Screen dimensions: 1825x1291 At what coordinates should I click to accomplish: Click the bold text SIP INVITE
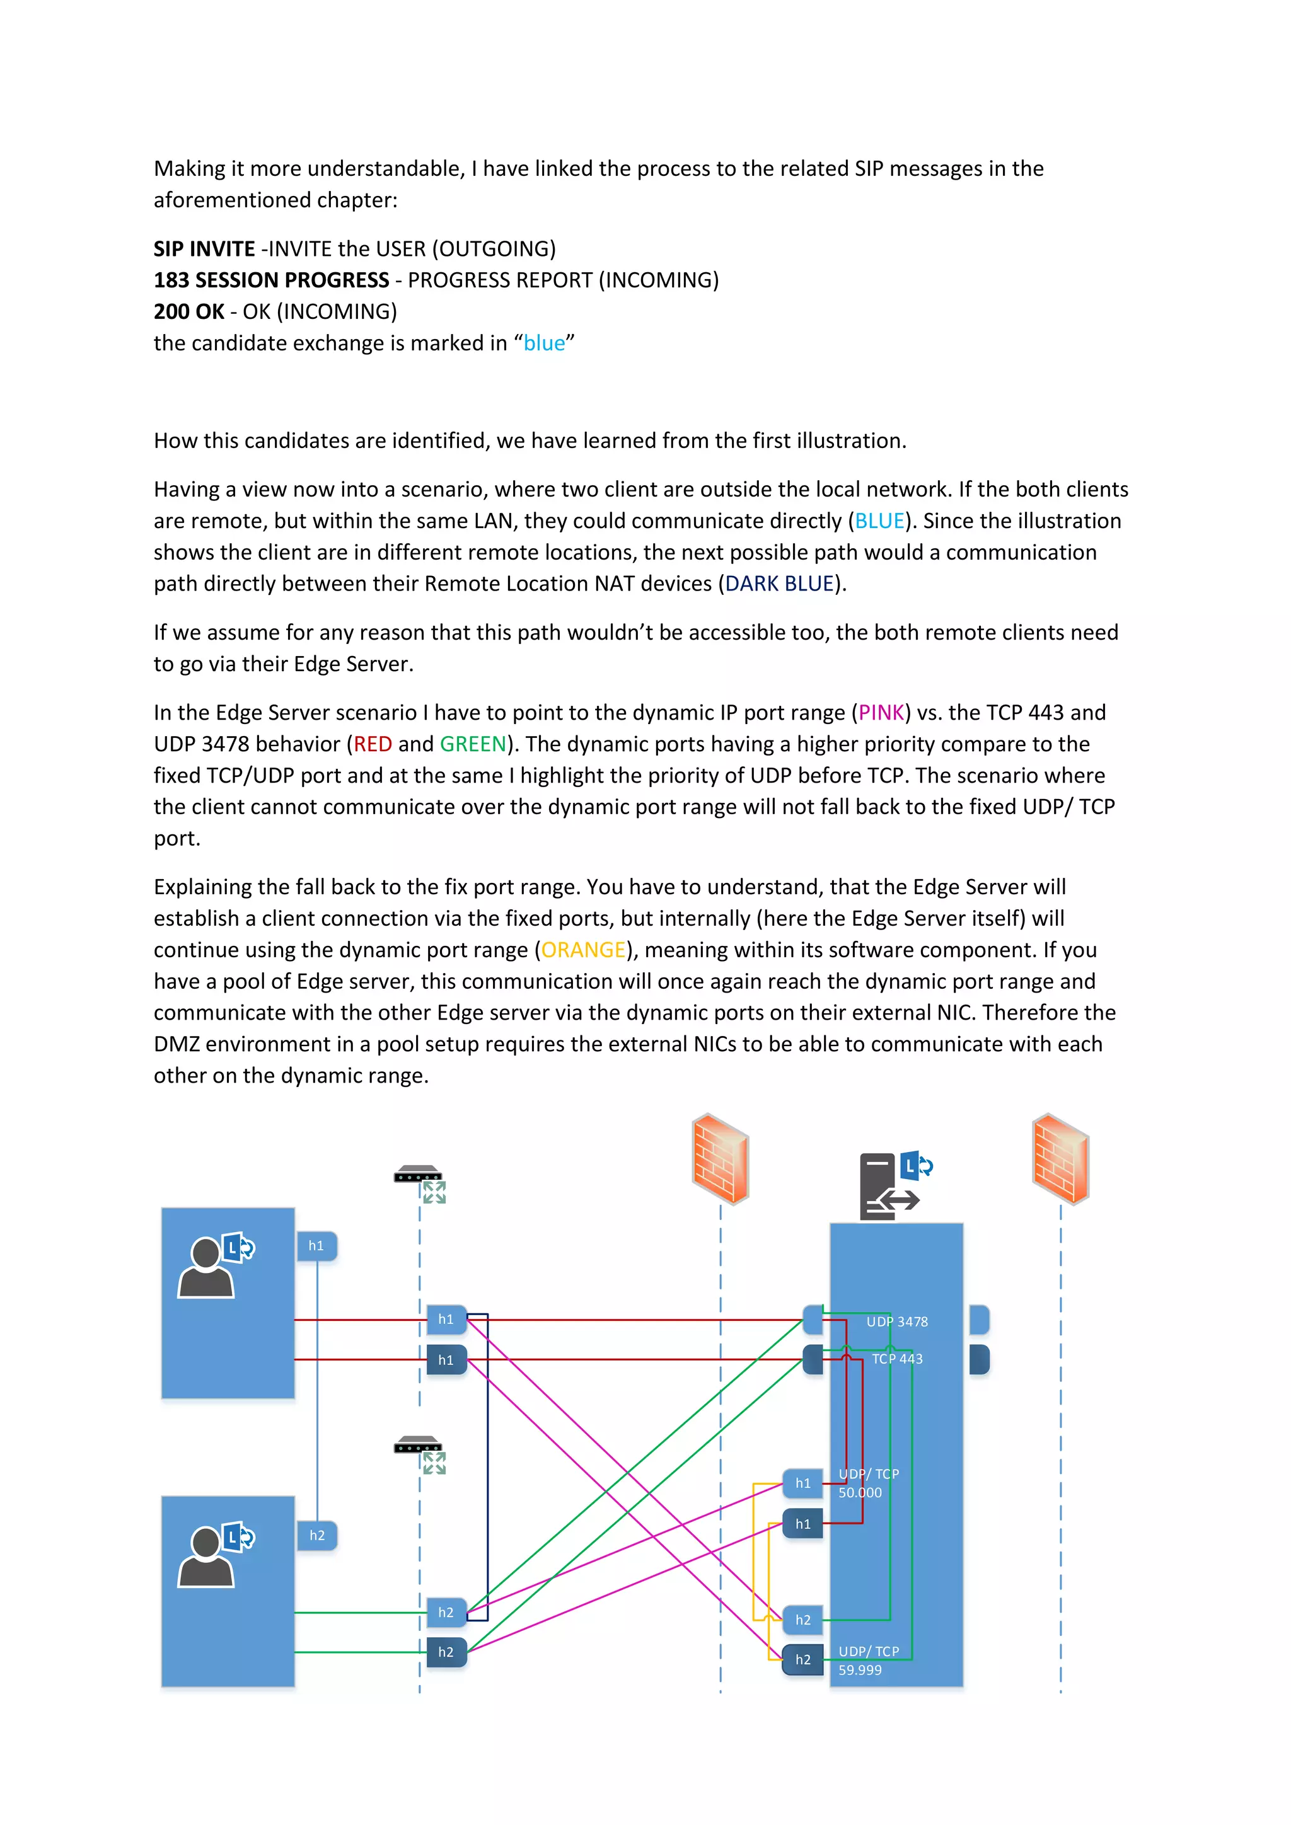point(204,249)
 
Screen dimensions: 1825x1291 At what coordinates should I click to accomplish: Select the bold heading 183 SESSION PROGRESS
point(271,280)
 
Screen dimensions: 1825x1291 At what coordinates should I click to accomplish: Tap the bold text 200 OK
point(188,311)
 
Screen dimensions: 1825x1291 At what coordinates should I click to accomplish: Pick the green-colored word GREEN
point(472,744)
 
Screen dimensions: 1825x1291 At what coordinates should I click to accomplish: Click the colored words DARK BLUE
point(779,584)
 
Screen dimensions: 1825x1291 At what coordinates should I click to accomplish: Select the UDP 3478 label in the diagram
point(897,1322)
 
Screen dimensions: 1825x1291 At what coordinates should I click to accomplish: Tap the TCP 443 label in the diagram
point(897,1359)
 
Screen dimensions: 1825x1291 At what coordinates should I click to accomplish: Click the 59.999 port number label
point(859,1670)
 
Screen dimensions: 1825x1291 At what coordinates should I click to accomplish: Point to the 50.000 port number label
point(859,1493)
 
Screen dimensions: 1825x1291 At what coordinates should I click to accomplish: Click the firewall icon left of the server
point(719,1159)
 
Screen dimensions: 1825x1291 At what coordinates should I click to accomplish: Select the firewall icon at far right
point(1060,1159)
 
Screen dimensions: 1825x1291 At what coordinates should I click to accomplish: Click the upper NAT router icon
point(420,1182)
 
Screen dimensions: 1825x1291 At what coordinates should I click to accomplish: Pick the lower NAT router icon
point(420,1453)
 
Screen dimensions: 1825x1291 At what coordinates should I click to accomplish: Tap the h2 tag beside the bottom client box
point(317,1536)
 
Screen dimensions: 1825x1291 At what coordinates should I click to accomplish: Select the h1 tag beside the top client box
point(316,1245)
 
